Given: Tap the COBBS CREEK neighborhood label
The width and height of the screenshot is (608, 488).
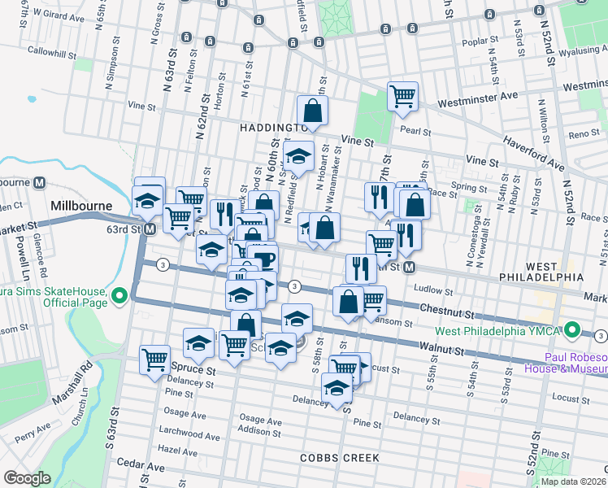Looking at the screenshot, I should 339,458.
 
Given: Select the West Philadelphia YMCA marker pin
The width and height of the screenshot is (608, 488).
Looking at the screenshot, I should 572,330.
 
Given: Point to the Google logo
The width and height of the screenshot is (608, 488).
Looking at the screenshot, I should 26,478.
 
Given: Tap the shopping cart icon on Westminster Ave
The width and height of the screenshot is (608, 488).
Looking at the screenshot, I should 403,96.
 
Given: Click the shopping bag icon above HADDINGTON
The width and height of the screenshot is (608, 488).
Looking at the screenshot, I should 312,110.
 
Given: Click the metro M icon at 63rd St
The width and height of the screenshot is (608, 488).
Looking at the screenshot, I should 150,230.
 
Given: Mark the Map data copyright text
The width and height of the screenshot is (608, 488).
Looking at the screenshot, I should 574,481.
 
